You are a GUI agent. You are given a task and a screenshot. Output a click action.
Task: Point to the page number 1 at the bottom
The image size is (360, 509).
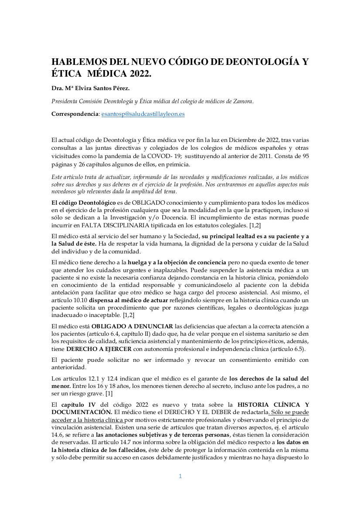(x=180, y=476)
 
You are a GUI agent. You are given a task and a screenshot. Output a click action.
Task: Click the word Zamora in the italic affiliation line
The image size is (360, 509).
(x=242, y=101)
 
